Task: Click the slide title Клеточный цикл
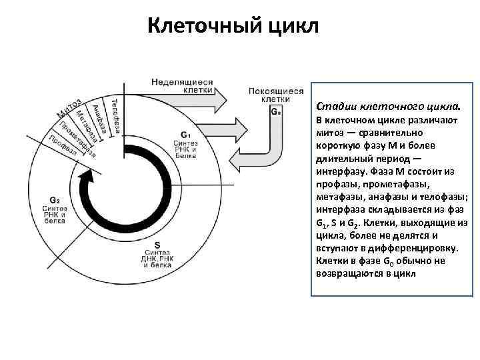pos(233,27)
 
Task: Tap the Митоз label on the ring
pos(69,110)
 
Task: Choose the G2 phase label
pos(55,199)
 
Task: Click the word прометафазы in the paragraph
pos(398,183)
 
